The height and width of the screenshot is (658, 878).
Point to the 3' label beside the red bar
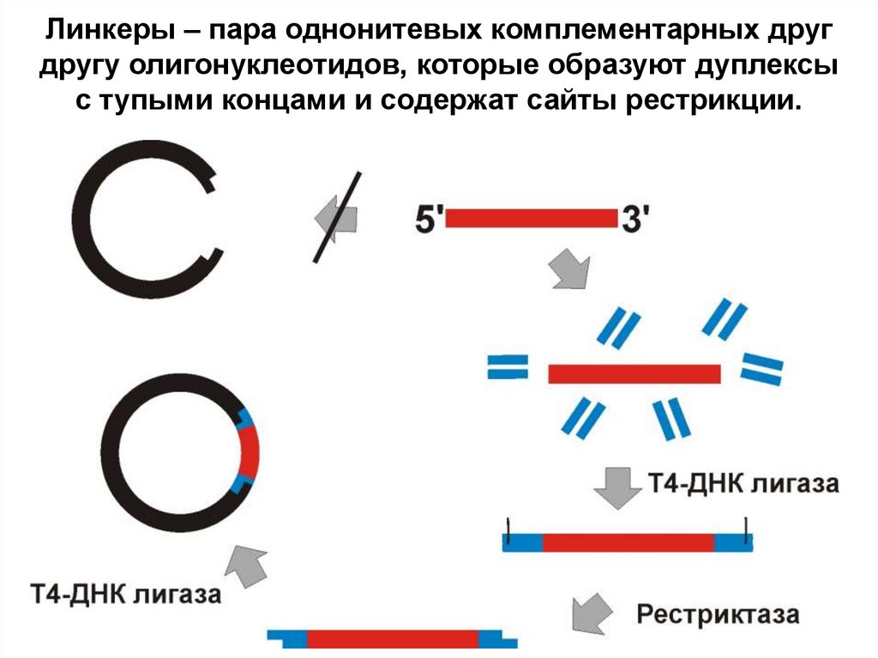tap(635, 219)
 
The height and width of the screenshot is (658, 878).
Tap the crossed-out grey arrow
tap(336, 214)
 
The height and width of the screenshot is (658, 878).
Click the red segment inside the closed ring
tap(249, 452)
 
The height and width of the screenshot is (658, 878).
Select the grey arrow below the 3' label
tap(569, 270)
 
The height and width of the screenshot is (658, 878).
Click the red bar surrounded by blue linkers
tap(634, 374)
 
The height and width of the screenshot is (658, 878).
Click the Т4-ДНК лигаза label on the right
tap(743, 484)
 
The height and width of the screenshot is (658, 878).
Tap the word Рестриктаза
tap(718, 615)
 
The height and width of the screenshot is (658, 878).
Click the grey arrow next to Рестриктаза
tap(592, 611)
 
